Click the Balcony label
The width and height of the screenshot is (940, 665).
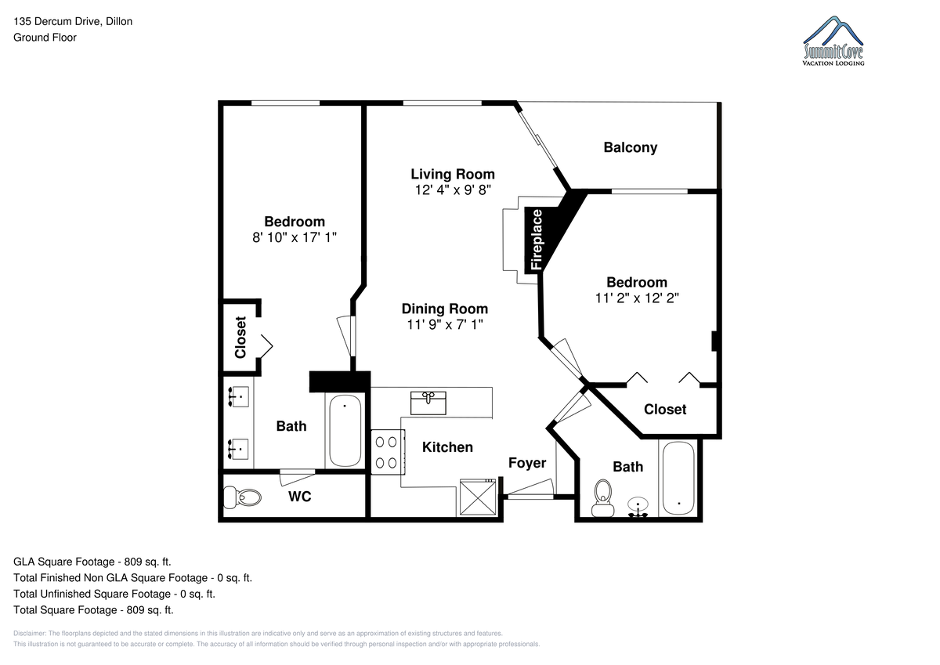point(631,148)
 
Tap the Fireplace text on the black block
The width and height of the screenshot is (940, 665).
point(537,240)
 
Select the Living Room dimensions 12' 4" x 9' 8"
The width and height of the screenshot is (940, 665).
point(453,190)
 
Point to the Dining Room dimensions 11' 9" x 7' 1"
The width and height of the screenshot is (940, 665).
point(445,324)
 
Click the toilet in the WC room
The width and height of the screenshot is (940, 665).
point(242,497)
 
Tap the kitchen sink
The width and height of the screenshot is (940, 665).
point(428,403)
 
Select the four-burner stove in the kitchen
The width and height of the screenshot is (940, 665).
point(388,452)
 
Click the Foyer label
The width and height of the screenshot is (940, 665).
point(527,463)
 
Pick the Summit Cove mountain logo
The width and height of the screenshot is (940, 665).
point(833,41)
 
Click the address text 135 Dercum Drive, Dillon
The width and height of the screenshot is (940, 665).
point(73,21)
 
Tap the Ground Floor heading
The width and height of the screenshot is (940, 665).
point(45,38)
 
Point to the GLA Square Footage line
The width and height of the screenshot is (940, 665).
point(92,562)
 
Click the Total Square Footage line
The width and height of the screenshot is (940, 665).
point(93,610)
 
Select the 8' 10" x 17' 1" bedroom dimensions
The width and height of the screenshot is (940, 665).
point(295,237)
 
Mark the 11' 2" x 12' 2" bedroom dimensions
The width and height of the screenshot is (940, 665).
point(637,298)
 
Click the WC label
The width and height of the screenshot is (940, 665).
point(299,497)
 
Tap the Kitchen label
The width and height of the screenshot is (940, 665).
point(447,447)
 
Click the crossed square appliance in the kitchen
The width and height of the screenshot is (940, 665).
point(478,497)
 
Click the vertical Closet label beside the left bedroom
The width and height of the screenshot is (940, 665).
point(240,338)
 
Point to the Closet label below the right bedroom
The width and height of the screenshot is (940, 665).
point(665,410)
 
